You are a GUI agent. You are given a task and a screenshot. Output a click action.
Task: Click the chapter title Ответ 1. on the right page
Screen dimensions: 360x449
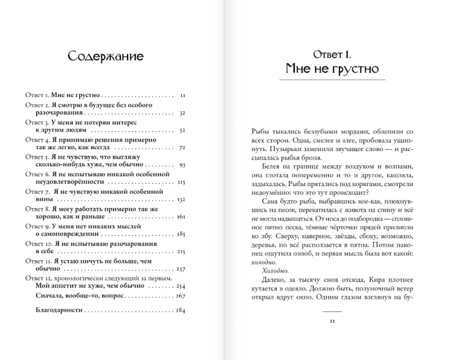[329, 54]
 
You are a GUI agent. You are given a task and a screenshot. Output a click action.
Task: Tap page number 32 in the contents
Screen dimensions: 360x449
[181, 113]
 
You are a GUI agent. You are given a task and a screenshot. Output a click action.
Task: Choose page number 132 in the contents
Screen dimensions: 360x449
[181, 200]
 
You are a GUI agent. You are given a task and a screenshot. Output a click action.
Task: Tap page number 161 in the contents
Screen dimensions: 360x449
[181, 217]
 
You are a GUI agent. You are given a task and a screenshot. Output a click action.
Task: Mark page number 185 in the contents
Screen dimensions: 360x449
[181, 234]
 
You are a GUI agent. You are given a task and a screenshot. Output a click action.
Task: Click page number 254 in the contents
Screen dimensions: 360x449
[180, 286]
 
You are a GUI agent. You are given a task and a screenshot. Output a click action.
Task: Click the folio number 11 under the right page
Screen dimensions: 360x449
[332, 321]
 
